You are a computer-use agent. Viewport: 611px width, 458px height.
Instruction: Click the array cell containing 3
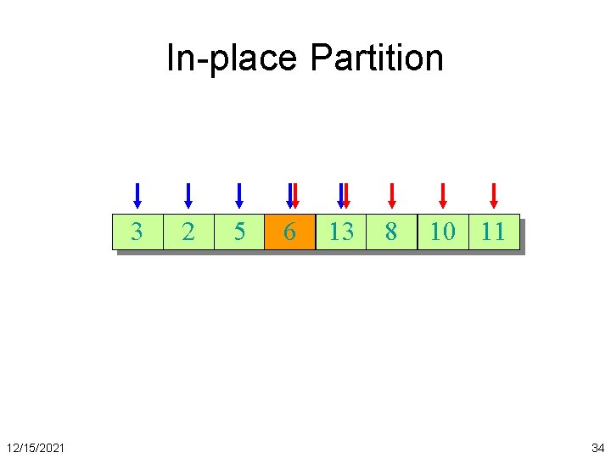tap(137, 232)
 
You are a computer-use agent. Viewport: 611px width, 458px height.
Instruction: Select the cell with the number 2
tap(188, 232)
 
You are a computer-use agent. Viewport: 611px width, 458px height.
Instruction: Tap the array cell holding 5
tap(238, 232)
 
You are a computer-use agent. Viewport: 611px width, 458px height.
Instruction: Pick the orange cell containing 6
tap(289, 232)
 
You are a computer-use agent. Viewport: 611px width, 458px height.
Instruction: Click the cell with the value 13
tap(340, 232)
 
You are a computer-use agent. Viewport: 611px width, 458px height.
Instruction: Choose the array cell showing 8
tap(391, 232)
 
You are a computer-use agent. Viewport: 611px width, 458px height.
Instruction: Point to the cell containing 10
tap(442, 232)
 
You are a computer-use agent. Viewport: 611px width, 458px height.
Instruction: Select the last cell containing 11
tap(493, 232)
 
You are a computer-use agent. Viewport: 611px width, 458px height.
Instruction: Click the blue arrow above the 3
tap(137, 195)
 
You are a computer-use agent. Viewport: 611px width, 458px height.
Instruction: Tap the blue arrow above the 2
tap(188, 195)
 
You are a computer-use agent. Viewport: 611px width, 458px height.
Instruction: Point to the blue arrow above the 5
tap(238, 195)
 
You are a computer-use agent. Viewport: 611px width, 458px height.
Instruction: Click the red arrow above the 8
tap(391, 195)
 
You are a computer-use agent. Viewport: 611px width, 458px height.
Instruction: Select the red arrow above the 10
tap(442, 195)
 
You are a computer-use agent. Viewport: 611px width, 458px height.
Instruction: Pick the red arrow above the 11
tap(493, 195)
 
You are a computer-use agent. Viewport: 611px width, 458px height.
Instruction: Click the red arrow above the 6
tap(294, 195)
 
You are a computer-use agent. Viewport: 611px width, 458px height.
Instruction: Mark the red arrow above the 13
tap(345, 195)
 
